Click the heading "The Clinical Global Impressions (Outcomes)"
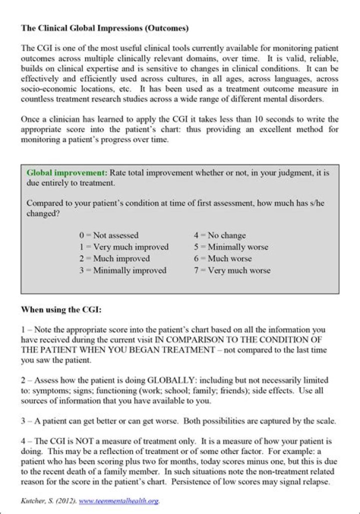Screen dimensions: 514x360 104,28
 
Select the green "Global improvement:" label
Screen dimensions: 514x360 67,173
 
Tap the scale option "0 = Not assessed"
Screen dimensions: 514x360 108,235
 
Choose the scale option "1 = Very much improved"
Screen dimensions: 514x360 123,247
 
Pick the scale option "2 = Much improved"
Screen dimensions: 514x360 114,258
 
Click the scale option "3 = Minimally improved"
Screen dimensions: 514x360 122,270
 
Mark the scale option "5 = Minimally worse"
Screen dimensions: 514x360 231,247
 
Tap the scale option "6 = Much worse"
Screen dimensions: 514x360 222,258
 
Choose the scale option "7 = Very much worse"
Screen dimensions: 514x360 232,270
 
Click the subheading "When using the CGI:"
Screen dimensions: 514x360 61,309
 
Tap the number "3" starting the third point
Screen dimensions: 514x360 23,421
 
